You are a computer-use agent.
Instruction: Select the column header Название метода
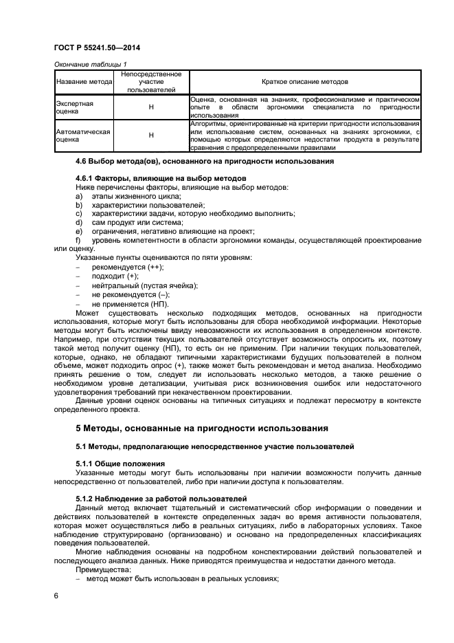(83, 81)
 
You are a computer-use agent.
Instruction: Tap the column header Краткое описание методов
(304, 81)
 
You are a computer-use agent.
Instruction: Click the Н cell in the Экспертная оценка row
(150, 107)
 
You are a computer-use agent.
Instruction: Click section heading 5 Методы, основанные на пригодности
(201, 428)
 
